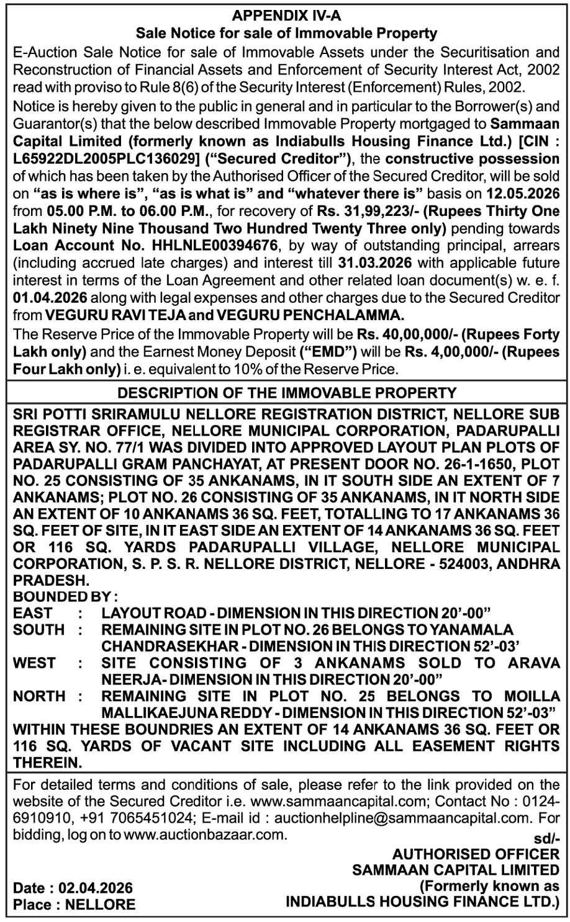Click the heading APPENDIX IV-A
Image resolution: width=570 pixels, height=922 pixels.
click(x=286, y=16)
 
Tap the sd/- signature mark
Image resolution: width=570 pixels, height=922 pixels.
click(x=546, y=839)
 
